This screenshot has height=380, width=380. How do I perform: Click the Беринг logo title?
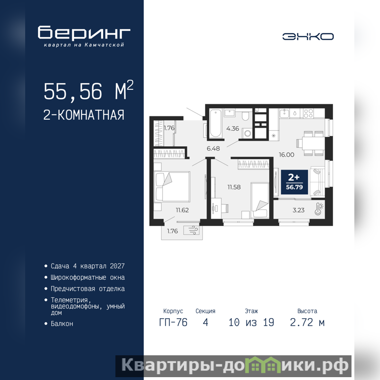pyautogui.click(x=84, y=32)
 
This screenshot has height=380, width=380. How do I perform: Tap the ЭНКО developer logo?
pyautogui.click(x=308, y=37)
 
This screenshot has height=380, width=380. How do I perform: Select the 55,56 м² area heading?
pyautogui.click(x=88, y=90)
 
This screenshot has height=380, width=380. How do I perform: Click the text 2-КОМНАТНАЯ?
pyautogui.click(x=84, y=115)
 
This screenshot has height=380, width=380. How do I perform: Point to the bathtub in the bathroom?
pyautogui.click(x=215, y=123)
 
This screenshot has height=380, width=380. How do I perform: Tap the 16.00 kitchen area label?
pyautogui.click(x=286, y=155)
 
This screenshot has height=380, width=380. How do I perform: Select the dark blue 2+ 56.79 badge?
pyautogui.click(x=294, y=182)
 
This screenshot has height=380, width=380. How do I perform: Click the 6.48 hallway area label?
pyautogui.click(x=213, y=149)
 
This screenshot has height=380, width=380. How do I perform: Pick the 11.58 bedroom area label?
pyautogui.click(x=234, y=187)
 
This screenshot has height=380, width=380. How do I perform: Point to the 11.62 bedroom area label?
pyautogui.click(x=182, y=210)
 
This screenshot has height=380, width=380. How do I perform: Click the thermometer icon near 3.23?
pyautogui.click(x=319, y=209)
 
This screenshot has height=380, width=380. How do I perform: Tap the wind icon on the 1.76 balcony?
pyautogui.click(x=191, y=230)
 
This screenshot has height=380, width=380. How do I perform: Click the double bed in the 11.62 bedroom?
pyautogui.click(x=172, y=187)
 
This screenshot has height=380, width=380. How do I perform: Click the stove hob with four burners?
pyautogui.click(x=308, y=114)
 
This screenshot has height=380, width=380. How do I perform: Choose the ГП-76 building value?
pyautogui.click(x=173, y=323)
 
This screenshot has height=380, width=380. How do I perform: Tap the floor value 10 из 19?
pyautogui.click(x=251, y=323)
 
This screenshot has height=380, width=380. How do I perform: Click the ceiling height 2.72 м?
pyautogui.click(x=307, y=323)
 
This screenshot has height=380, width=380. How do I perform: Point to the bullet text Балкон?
pyautogui.click(x=62, y=323)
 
